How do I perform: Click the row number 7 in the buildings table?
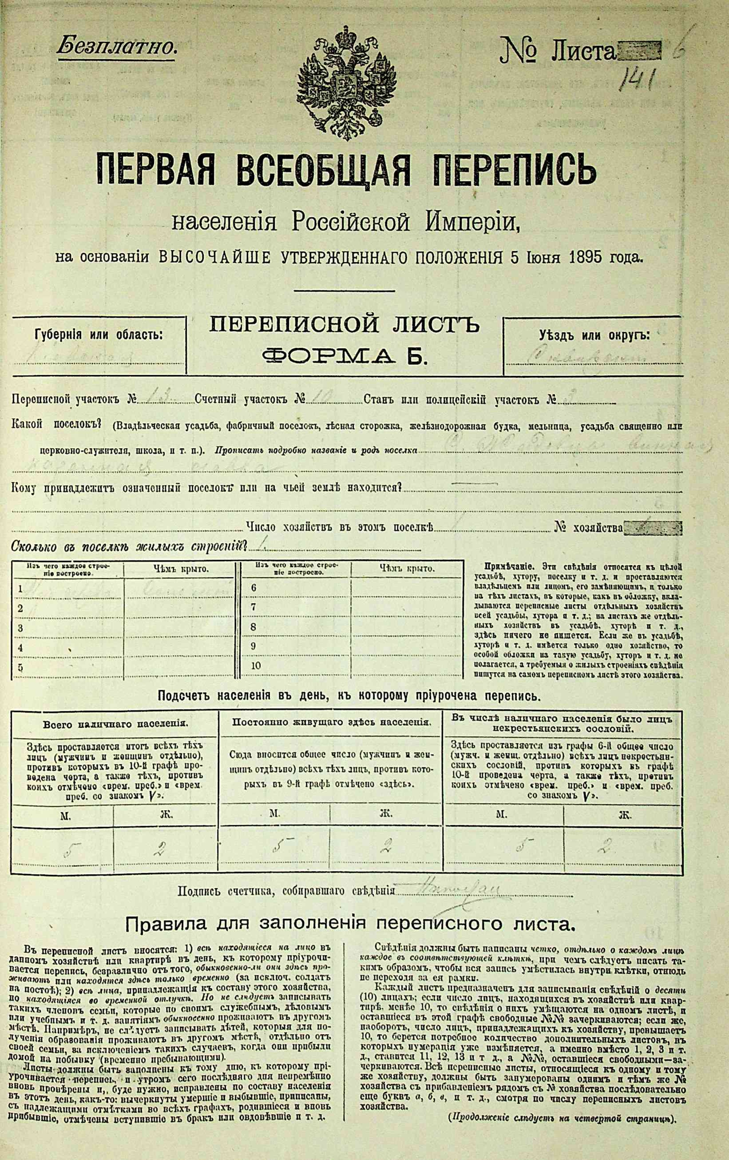[x=254, y=607]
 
